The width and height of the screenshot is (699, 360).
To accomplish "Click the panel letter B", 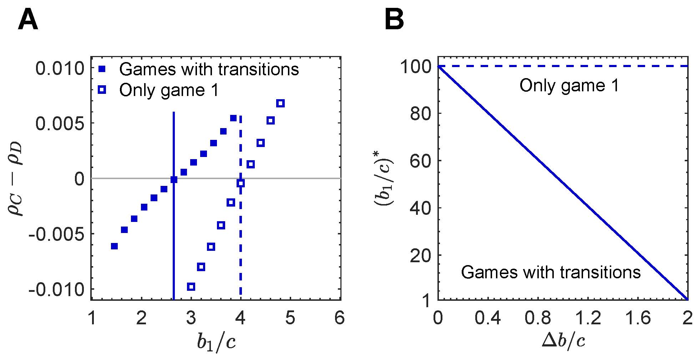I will pyautogui.click(x=394, y=21).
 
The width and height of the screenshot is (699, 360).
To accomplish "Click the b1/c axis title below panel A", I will pyautogui.click(x=216, y=343).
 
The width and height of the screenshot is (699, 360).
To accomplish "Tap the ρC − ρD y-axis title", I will pyautogui.click(x=16, y=178).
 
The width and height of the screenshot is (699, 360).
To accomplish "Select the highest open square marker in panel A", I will pyautogui.click(x=280, y=103).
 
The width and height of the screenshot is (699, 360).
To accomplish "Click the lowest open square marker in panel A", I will pyautogui.click(x=191, y=287).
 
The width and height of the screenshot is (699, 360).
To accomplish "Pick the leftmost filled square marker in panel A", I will pyautogui.click(x=114, y=246).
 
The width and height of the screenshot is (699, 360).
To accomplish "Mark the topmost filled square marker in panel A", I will pyautogui.click(x=233, y=118).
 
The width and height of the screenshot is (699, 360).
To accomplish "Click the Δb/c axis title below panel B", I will pyautogui.click(x=563, y=342).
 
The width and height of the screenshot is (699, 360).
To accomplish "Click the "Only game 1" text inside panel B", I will pyautogui.click(x=569, y=86).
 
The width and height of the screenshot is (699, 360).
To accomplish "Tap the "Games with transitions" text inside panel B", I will pyautogui.click(x=551, y=273).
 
